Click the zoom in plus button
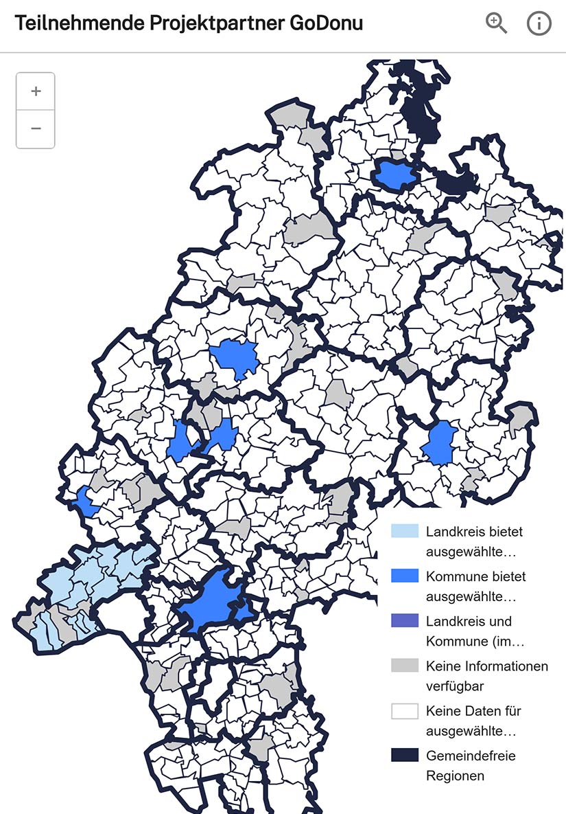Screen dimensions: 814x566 36,91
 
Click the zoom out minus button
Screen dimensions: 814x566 36,128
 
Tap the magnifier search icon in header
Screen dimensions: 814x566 496,23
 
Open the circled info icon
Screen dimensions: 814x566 539,23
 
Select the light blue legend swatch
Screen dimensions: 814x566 404,531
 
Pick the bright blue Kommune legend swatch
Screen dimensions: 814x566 404,576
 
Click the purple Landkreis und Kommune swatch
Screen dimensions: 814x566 404,621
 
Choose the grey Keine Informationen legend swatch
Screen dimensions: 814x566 404,666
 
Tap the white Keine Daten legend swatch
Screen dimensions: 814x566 404,711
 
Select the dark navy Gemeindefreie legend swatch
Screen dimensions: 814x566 404,756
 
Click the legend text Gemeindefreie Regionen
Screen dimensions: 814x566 470,765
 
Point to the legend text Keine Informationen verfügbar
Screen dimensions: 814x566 486,676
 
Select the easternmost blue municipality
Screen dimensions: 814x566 440,443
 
